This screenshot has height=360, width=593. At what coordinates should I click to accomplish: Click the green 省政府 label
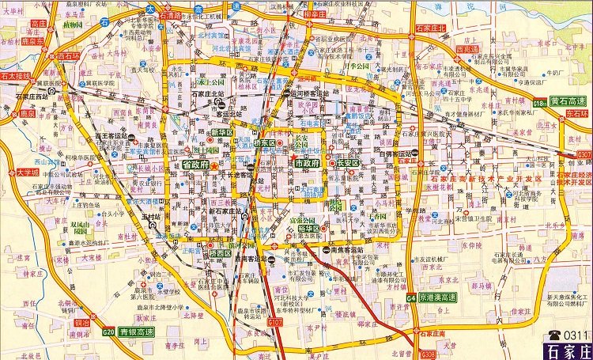[195, 165]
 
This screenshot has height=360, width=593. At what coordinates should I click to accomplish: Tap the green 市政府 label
[307, 163]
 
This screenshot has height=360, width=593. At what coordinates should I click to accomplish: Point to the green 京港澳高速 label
[438, 297]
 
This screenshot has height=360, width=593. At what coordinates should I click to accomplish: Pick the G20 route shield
[108, 332]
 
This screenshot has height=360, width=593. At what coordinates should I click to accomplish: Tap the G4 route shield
[411, 297]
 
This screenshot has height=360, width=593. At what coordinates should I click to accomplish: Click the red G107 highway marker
[274, 324]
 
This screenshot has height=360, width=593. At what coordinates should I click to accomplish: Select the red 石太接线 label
[15, 77]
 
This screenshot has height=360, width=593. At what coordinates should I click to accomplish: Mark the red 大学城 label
[27, 172]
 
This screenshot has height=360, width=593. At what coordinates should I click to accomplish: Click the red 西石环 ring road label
[68, 57]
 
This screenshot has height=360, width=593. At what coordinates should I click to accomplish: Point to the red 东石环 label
[577, 114]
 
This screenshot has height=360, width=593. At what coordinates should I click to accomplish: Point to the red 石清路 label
[170, 14]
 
